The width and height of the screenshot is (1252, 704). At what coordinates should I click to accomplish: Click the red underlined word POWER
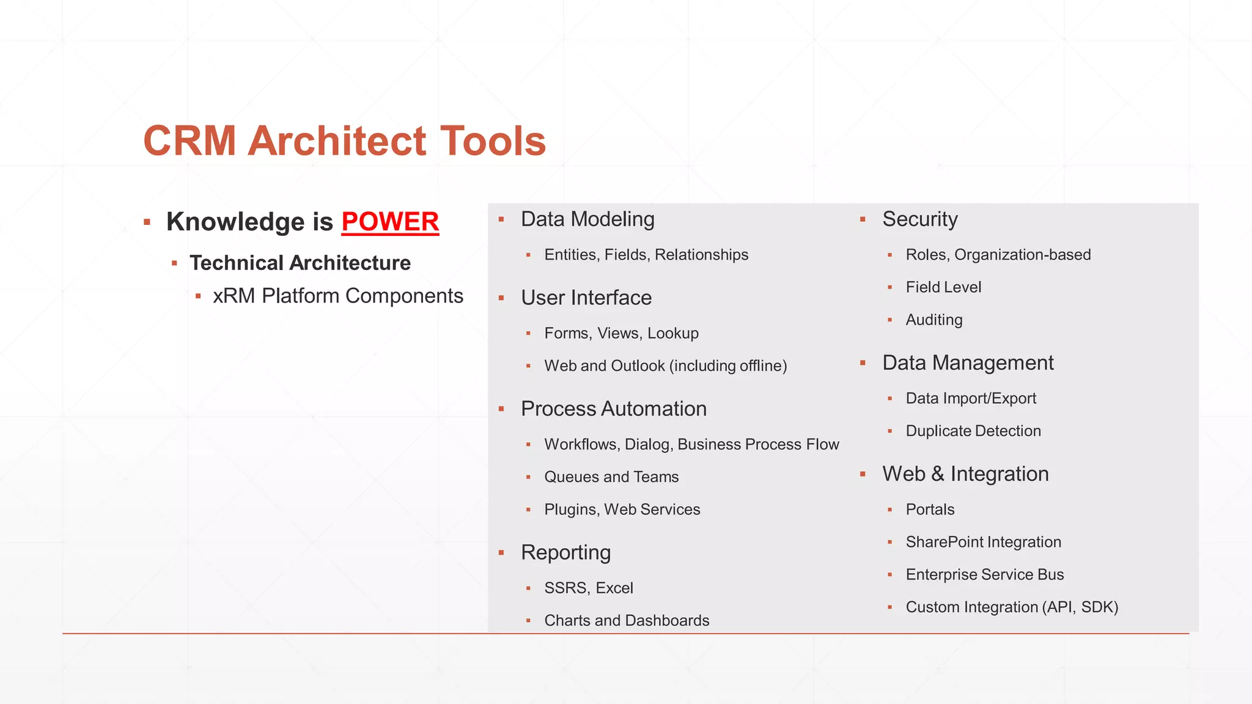(x=390, y=222)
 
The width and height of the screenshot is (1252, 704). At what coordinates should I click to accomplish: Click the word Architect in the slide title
(x=337, y=141)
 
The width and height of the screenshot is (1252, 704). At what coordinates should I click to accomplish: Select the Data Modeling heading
(x=587, y=219)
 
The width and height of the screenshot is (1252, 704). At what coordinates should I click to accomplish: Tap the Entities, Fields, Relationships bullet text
(x=646, y=255)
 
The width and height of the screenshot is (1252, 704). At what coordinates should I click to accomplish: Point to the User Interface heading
(x=586, y=298)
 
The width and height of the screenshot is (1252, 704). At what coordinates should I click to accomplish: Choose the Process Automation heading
(x=613, y=409)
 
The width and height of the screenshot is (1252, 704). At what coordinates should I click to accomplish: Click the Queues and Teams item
(x=611, y=477)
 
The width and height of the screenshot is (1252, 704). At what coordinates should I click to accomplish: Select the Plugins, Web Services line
(x=622, y=510)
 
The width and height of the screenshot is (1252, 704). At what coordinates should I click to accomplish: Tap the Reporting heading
(x=565, y=552)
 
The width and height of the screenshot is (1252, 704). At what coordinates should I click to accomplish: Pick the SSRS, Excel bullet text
(x=588, y=588)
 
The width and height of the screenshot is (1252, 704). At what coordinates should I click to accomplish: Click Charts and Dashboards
(x=626, y=621)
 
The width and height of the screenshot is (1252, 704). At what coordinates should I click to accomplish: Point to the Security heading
(x=919, y=219)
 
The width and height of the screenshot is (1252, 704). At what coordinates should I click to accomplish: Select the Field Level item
(x=943, y=287)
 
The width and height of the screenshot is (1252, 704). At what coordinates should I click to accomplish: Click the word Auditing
(x=933, y=320)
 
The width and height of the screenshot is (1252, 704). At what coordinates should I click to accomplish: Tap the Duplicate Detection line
(x=973, y=431)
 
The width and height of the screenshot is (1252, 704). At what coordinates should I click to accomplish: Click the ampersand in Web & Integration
(x=937, y=474)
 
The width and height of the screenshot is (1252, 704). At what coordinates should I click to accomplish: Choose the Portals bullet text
(x=929, y=510)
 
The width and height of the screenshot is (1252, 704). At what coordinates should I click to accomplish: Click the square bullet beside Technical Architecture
(x=174, y=263)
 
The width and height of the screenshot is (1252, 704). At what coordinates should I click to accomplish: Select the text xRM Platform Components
(x=337, y=296)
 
